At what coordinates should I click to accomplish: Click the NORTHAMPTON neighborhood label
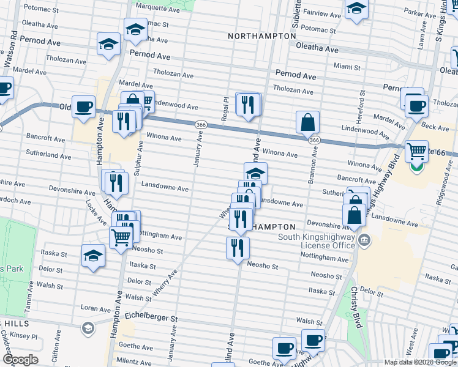coord(261,36)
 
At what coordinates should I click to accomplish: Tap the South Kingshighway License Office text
coord(317,241)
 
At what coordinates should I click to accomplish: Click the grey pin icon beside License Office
coord(365,239)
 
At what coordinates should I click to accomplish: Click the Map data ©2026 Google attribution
coord(419,362)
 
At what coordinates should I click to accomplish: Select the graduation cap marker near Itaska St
coord(93,256)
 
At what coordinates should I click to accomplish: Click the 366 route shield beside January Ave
coord(200,125)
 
